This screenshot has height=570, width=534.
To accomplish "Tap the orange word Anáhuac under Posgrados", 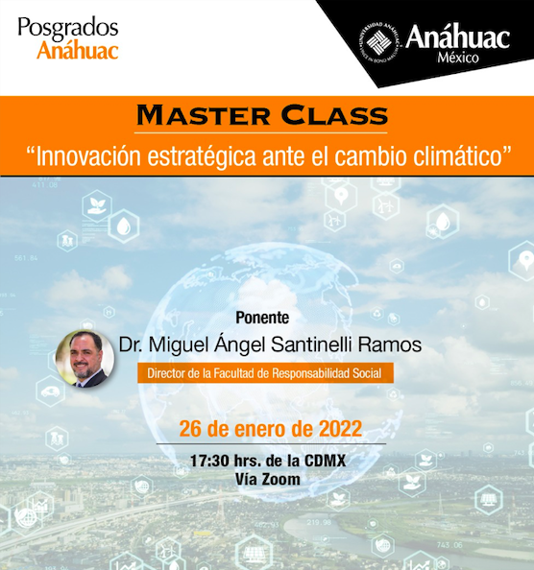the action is pyautogui.click(x=78, y=50).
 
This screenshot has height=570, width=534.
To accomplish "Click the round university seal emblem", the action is pyautogui.click(x=379, y=42).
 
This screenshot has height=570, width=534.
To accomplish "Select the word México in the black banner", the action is pyautogui.click(x=458, y=58).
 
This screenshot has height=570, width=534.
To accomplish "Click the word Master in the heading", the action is pyautogui.click(x=203, y=115).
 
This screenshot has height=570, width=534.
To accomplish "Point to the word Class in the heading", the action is pyautogui.click(x=334, y=115).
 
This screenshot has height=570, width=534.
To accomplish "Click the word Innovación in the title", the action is pyautogui.click(x=88, y=156).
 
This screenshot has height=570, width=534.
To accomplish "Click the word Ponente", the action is pyautogui.click(x=262, y=318).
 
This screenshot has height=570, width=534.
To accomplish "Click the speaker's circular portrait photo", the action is pyautogui.click(x=85, y=359).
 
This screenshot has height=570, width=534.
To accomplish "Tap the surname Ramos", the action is pyautogui.click(x=390, y=344).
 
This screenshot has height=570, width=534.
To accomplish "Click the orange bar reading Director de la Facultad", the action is pyautogui.click(x=265, y=373).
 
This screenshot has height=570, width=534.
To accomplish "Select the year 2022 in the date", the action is pyautogui.click(x=340, y=429).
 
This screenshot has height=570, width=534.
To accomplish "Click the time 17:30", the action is pyautogui.click(x=209, y=461).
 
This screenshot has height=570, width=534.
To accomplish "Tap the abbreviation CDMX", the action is pyautogui.click(x=325, y=461).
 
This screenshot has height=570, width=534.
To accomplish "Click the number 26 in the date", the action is pyautogui.click(x=190, y=429).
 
